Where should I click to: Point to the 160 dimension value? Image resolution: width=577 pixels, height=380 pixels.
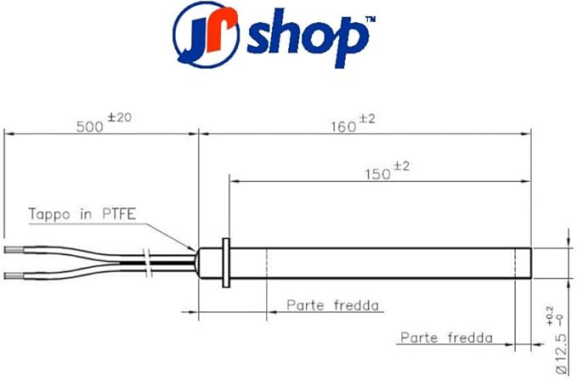tap(343, 127)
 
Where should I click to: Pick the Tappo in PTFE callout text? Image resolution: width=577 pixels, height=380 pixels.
tap(79, 213)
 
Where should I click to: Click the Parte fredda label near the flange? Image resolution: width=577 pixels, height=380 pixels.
tap(332, 304)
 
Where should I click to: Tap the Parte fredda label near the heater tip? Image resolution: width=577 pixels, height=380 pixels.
tap(446, 337)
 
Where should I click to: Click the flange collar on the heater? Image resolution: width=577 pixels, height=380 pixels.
tap(224, 262)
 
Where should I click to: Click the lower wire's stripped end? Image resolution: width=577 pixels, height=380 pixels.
tap(17, 275)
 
